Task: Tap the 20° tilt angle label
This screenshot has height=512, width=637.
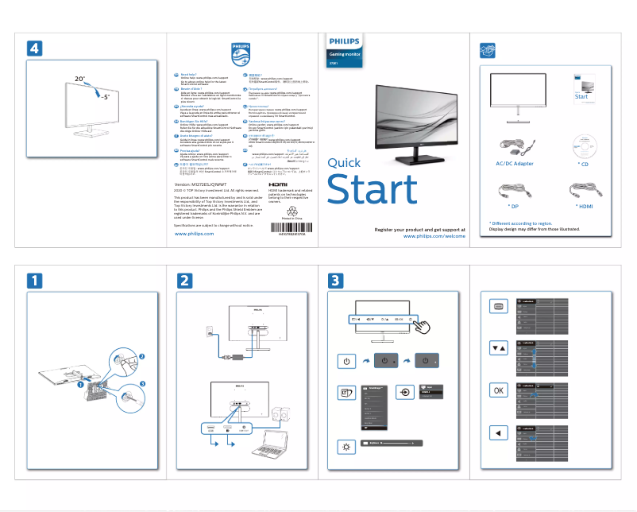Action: (x=79, y=80)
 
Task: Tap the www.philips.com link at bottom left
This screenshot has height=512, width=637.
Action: (x=193, y=235)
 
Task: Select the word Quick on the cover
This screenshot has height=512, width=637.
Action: (x=344, y=163)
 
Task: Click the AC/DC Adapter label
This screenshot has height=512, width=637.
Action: (x=514, y=163)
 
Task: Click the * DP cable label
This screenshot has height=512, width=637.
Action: (x=513, y=206)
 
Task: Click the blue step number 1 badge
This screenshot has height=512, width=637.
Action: (x=34, y=281)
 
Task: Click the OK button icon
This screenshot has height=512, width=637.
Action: (x=498, y=390)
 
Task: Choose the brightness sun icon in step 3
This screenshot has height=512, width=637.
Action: (x=346, y=448)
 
